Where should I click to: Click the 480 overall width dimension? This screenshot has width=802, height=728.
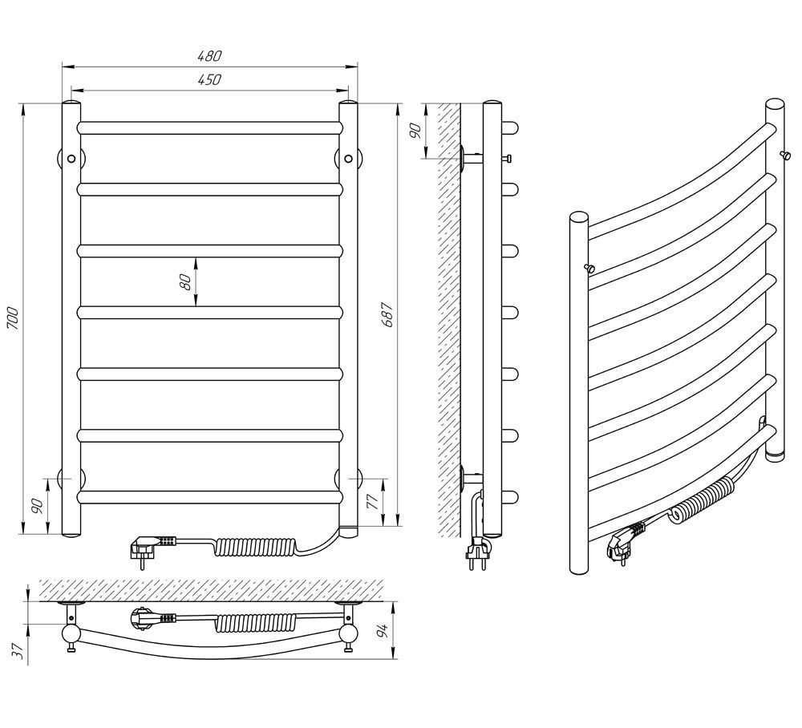(x=209, y=56)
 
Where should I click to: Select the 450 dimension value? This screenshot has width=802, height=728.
(x=209, y=79)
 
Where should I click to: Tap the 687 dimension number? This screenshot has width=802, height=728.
(x=388, y=314)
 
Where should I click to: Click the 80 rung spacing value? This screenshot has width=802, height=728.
(x=186, y=281)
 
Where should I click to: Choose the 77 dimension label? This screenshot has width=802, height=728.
(x=374, y=503)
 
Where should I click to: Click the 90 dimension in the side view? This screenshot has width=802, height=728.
(x=415, y=131)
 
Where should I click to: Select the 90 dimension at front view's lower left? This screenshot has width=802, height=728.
(x=38, y=506)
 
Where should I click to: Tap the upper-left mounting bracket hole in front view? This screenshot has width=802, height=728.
(x=71, y=159)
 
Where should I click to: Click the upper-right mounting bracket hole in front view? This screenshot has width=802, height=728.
(x=348, y=159)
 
